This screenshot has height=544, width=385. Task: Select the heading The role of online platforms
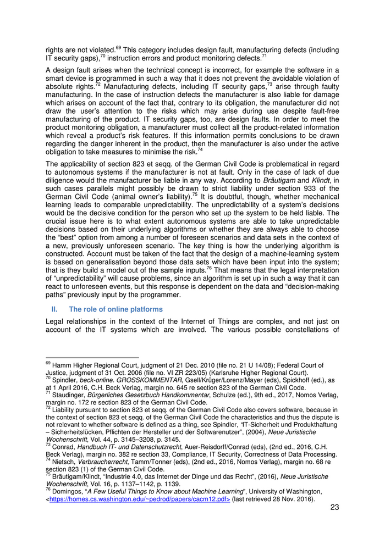(x=116, y=309)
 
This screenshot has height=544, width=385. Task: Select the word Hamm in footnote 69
(x=61, y=365)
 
